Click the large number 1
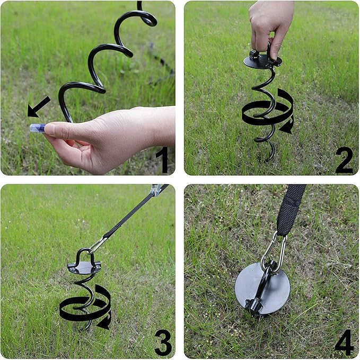click(163, 159)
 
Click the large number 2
click(344, 160)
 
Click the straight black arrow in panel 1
click(39, 107)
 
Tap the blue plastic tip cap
click(37, 128)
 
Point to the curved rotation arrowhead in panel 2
click(286, 128)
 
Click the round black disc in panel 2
click(262, 61)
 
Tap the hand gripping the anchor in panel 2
click(271, 28)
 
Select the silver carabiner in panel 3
click(98, 245)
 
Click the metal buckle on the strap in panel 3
click(156, 190)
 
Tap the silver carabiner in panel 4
click(274, 253)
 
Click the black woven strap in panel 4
click(290, 210)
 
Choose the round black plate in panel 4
click(262, 289)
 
